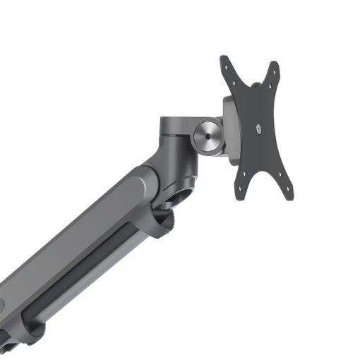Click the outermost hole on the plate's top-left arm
(x=227, y=61)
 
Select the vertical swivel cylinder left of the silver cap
(x=172, y=134)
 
